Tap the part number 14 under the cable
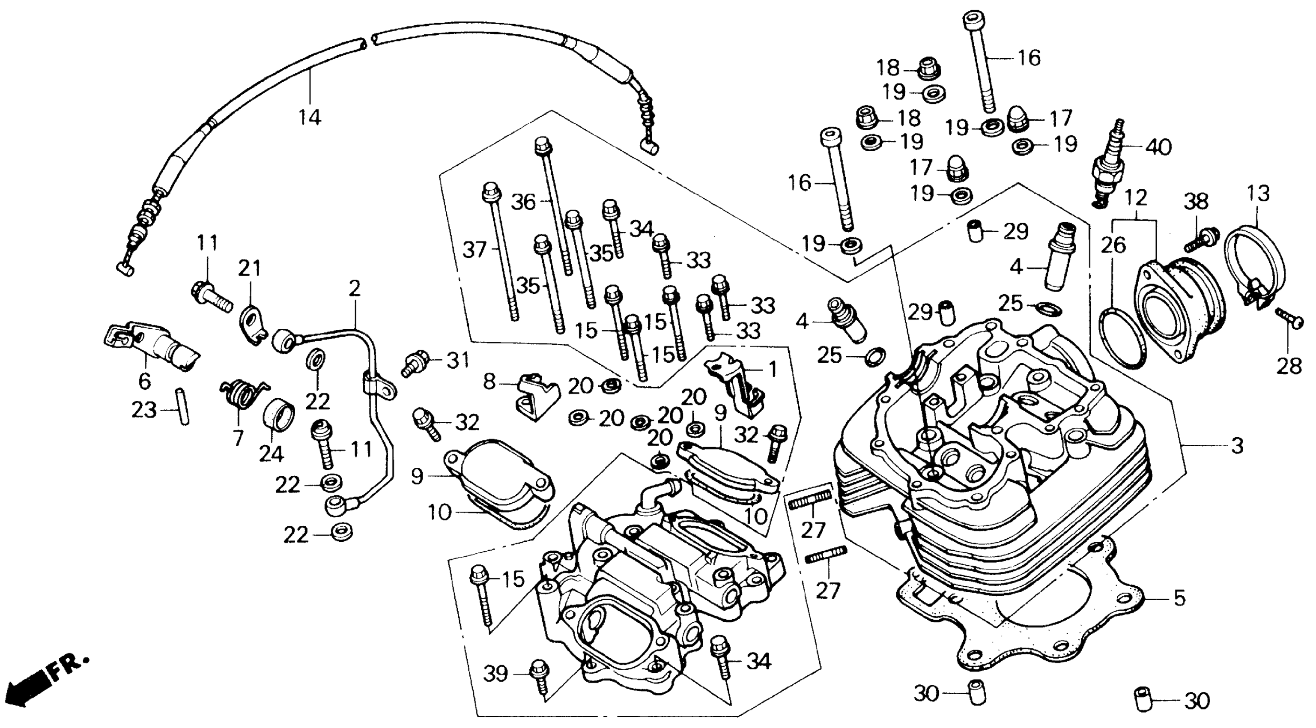click(310, 117)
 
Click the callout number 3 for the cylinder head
click(1237, 446)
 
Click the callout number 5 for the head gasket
click(1179, 598)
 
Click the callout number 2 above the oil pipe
click(354, 289)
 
